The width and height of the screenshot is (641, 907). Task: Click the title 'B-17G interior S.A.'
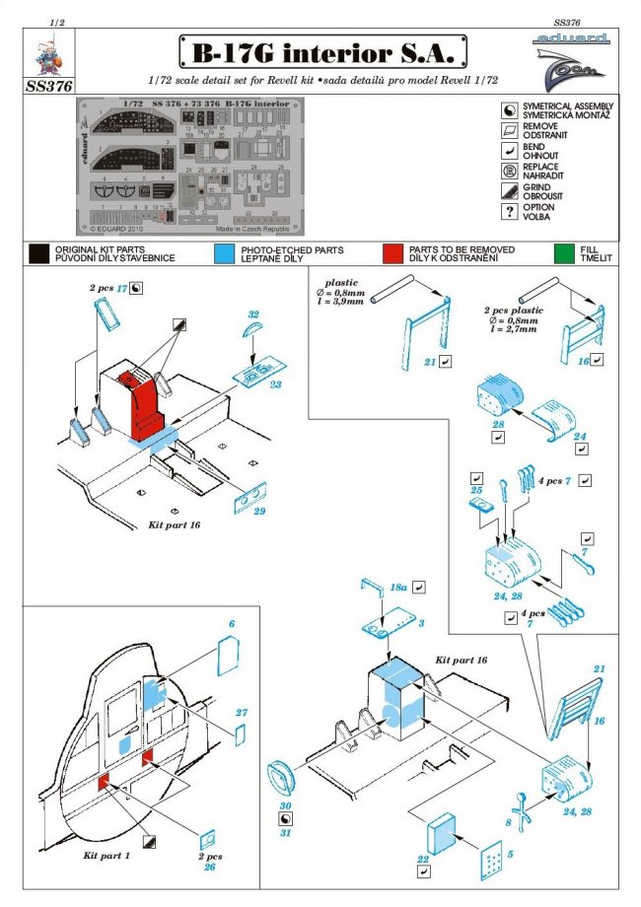tap(321, 50)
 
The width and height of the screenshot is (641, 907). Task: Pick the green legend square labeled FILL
tap(564, 253)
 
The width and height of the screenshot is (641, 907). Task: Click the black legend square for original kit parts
tap(39, 253)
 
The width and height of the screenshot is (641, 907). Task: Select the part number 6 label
tap(233, 625)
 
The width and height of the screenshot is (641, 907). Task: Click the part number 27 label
tap(242, 711)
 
